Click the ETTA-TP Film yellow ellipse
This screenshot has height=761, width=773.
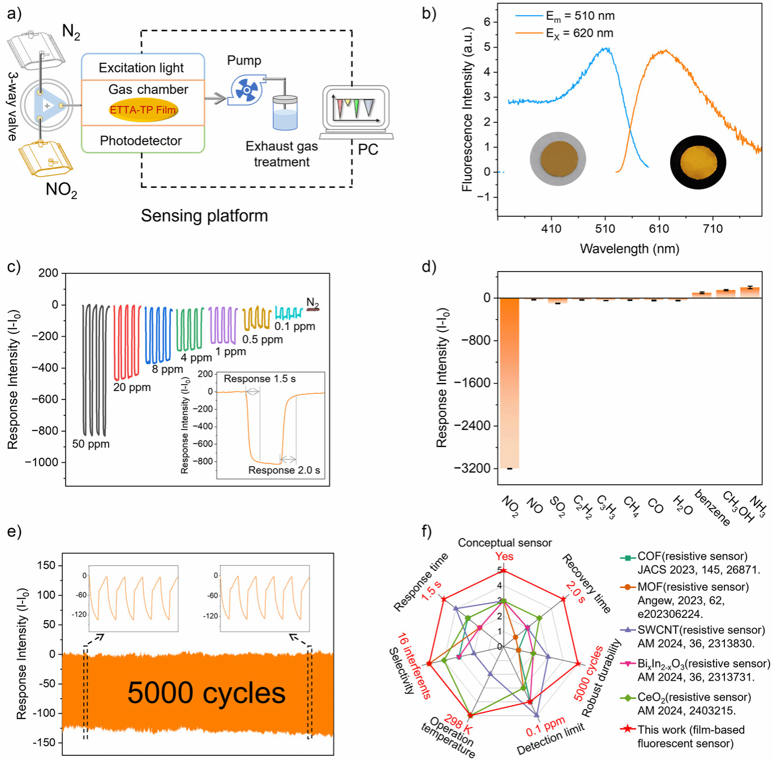tap(143, 110)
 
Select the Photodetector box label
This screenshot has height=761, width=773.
tap(141, 141)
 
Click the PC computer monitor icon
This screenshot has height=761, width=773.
tap(355, 109)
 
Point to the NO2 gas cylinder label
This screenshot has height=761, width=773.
tap(61, 190)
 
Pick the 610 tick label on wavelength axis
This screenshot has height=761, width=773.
tap(659, 229)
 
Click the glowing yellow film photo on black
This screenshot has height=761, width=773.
tap(698, 162)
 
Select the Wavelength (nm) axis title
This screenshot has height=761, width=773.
tap(629, 249)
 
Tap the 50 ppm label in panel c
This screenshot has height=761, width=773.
tap(91, 444)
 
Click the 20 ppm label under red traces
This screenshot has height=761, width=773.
tap(132, 388)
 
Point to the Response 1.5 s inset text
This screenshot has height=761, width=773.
tap(260, 379)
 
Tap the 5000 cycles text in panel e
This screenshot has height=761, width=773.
tap(206, 693)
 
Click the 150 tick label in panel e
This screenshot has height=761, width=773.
tap(46, 565)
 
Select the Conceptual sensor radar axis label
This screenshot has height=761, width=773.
tap(504, 543)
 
